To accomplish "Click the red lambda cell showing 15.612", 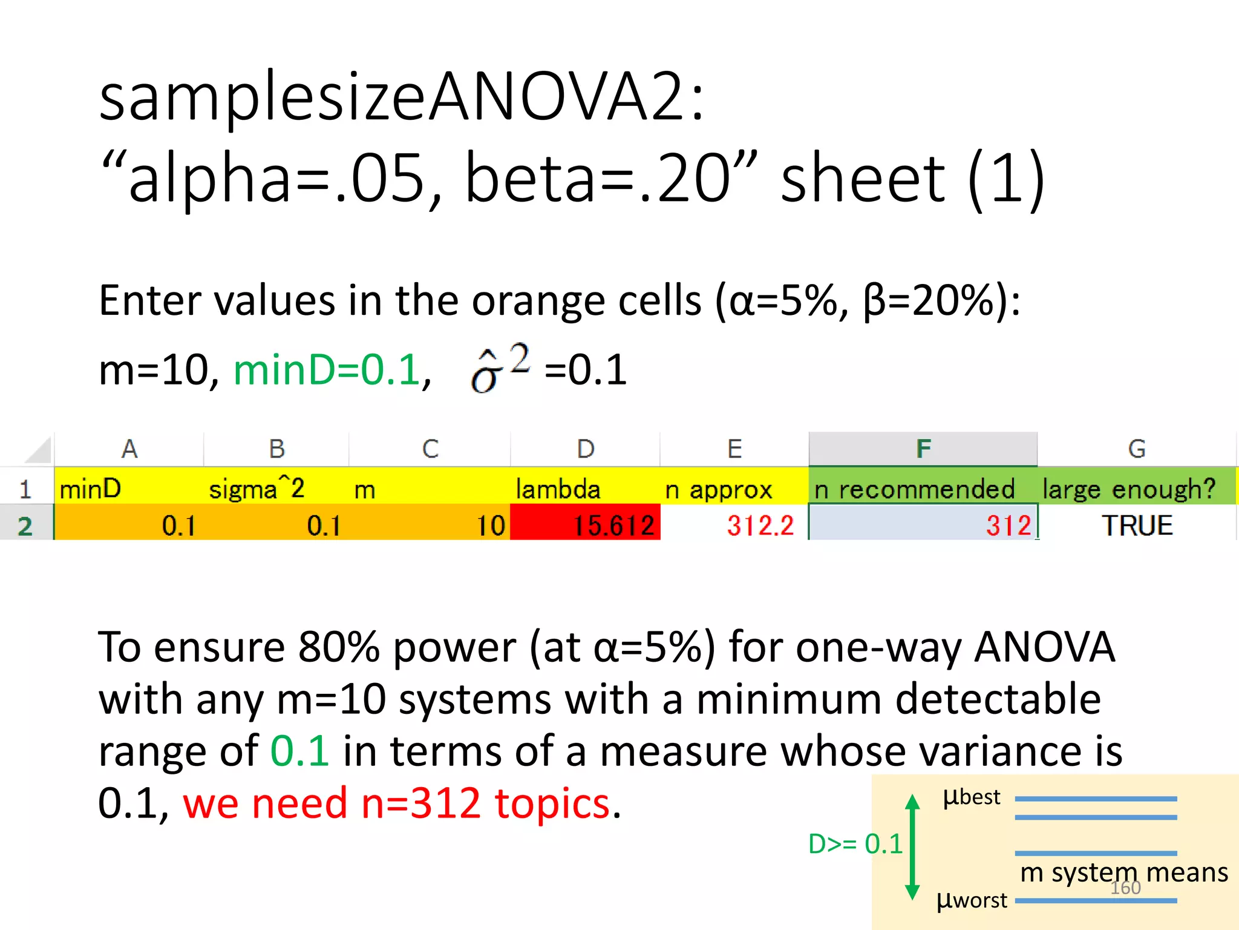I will [585, 524].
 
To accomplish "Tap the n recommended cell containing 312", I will [923, 524].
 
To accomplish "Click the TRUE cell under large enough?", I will [1137, 525].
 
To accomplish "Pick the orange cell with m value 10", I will [430, 524].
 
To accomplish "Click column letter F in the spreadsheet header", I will [923, 449].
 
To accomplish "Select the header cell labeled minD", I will [128, 489].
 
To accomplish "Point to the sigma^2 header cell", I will [276, 489].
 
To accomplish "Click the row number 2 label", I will [25, 526].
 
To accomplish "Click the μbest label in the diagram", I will [972, 797].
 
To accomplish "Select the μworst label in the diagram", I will [972, 900].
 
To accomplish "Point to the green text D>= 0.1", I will [855, 843].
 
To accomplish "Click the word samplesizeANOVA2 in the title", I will [400, 97].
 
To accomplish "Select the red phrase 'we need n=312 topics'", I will [397, 803].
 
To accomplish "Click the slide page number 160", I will [1125, 888].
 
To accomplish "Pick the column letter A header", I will [129, 449].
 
